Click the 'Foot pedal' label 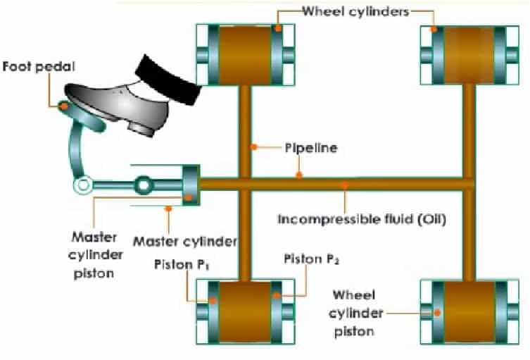(x=30, y=68)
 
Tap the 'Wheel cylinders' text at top (x=355, y=11)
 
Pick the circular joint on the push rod (x=144, y=185)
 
